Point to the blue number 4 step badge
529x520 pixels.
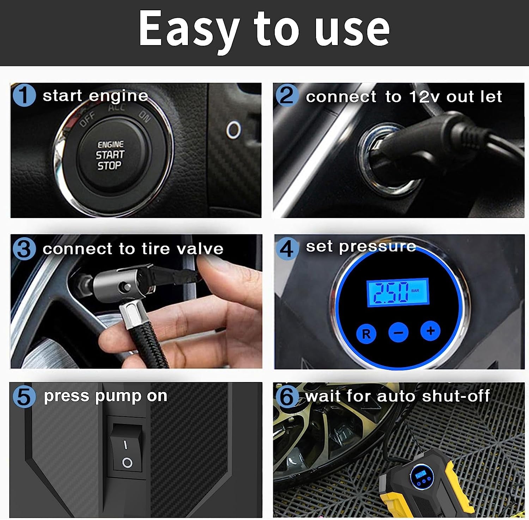[x=287, y=248]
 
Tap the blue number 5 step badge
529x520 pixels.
[x=24, y=397]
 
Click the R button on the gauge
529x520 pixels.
[x=366, y=333]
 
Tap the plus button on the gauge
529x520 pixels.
[x=430, y=331]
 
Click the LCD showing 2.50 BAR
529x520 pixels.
[x=397, y=292]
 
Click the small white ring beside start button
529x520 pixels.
[x=233, y=129]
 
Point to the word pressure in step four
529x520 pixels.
[x=377, y=247]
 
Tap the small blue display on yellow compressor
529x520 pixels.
[x=420, y=474]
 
